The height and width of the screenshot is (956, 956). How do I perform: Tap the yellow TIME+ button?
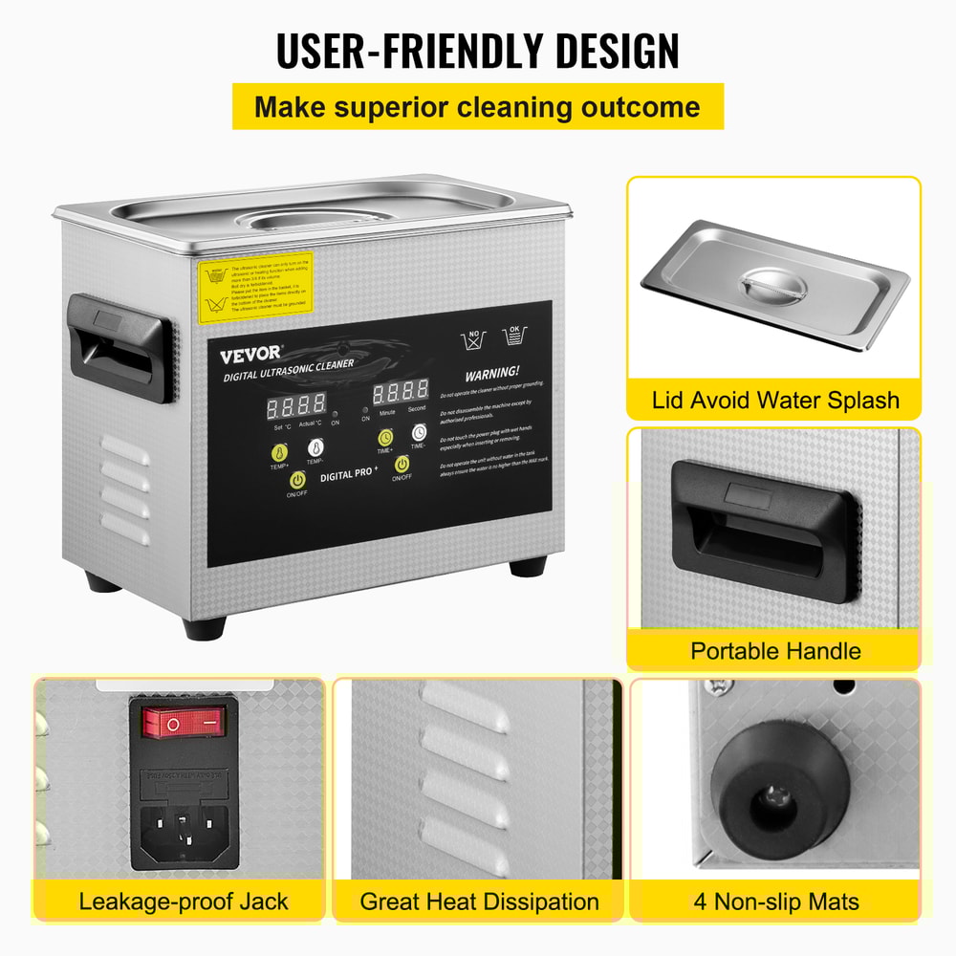[383, 437]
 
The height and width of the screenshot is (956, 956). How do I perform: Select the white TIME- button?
[419, 433]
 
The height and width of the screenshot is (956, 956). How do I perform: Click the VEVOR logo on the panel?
[251, 355]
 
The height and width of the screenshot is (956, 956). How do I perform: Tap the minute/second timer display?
[401, 392]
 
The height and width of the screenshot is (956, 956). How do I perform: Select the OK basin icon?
[515, 335]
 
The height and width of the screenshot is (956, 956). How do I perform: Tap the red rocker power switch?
[185, 723]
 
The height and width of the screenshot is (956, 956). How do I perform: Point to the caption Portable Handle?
[775, 651]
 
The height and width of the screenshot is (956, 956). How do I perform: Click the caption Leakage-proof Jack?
[184, 901]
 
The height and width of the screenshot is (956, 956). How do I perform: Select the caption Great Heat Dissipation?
[479, 901]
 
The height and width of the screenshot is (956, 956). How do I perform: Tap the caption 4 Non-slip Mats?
[775, 901]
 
